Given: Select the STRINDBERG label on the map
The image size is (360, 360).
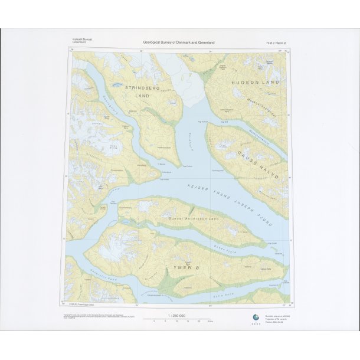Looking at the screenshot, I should [x=139, y=87].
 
